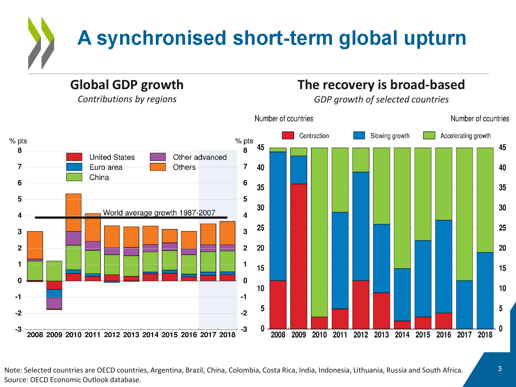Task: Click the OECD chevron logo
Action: click(41, 43)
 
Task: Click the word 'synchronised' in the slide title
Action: click(161, 38)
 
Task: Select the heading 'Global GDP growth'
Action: click(127, 85)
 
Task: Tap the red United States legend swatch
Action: click(74, 157)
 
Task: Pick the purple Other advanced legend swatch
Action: click(158, 157)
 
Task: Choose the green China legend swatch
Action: click(74, 177)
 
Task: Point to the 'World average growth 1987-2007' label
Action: click(159, 213)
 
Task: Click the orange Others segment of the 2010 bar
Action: click(74, 212)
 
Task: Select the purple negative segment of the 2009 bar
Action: click(54, 303)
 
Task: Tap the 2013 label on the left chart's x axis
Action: click(131, 335)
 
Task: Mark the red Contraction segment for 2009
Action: click(299, 256)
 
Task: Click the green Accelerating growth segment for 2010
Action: click(319, 232)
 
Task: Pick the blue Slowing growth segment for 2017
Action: click(464, 304)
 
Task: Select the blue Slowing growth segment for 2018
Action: click(485, 291)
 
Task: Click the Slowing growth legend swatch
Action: click(359, 136)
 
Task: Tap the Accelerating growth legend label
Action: click(465, 136)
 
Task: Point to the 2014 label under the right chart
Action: click(402, 335)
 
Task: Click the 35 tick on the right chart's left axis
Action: click(261, 188)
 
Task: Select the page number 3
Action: click(499, 369)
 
